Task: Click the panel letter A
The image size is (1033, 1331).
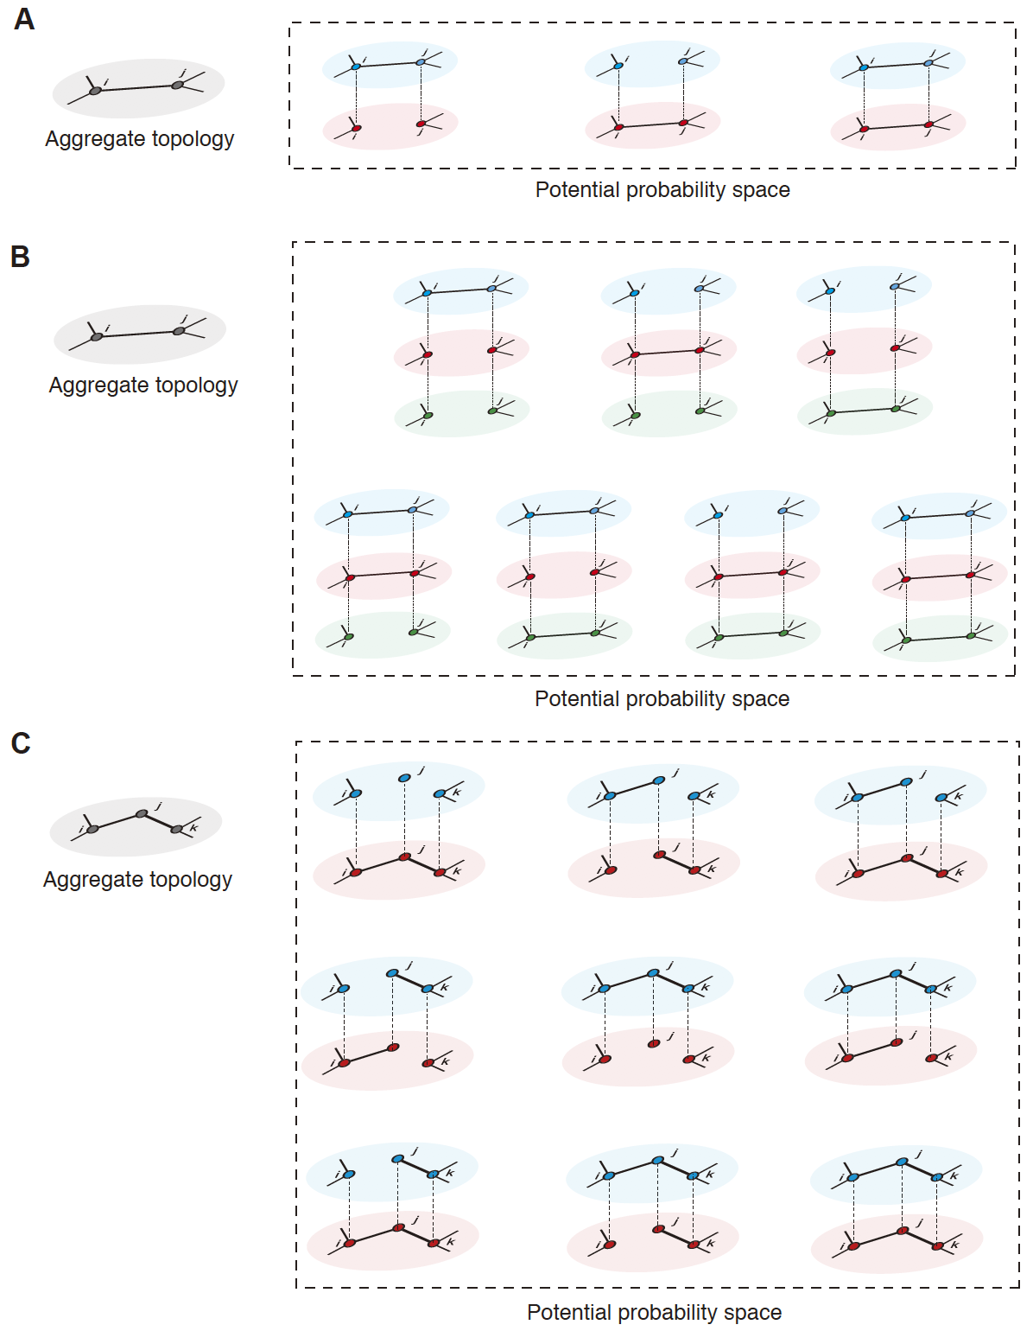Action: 24,19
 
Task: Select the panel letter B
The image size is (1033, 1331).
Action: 20,257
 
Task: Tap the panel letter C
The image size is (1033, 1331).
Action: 21,743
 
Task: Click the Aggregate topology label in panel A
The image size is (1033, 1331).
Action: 139,139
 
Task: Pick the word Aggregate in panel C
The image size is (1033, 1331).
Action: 89,880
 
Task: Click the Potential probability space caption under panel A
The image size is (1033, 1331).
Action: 662,190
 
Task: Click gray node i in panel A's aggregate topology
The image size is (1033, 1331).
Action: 95,90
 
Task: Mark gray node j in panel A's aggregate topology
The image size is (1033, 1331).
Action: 177,85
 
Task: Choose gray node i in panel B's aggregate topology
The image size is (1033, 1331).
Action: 97,336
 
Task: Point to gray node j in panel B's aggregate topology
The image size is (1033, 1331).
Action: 179,331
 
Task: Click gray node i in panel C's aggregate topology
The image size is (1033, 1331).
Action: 92,829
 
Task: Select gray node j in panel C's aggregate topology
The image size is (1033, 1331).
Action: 142,813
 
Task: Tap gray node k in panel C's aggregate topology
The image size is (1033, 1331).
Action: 177,829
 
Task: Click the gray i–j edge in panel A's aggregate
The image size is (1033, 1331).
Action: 136,87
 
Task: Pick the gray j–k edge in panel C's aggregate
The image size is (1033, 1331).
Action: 160,821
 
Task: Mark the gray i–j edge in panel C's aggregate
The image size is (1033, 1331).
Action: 117,821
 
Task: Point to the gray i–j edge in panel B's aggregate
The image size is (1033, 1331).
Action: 138,334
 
